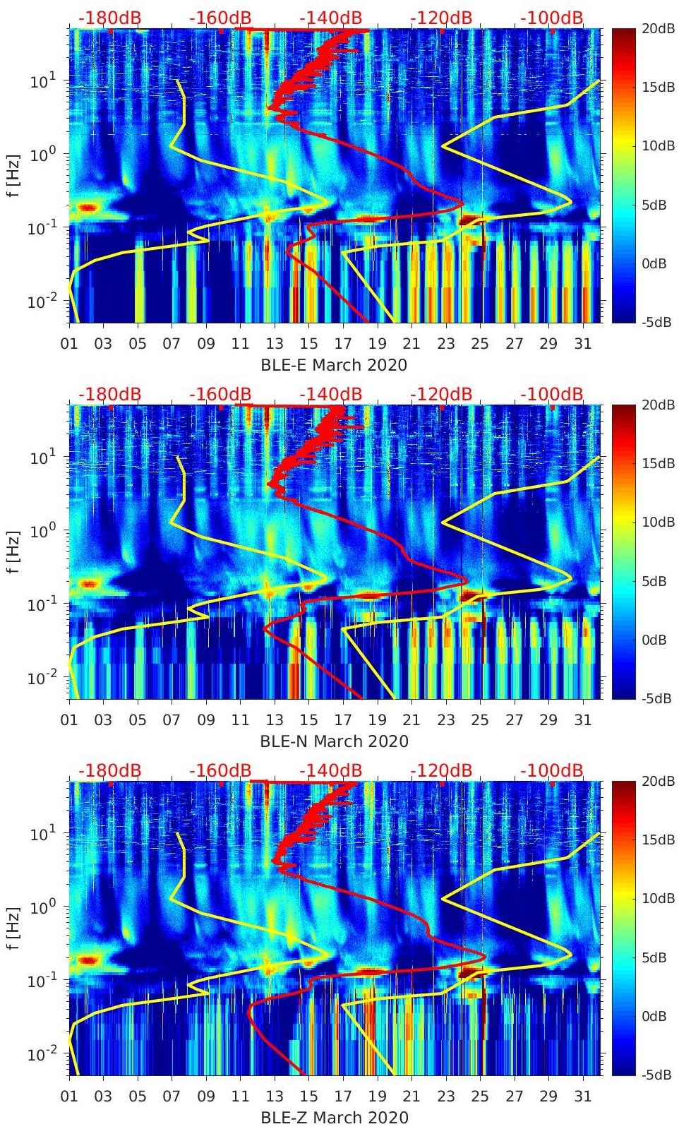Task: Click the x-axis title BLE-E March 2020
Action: coord(334,365)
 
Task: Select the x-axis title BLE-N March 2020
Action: coord(334,741)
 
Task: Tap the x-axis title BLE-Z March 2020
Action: coord(334,1118)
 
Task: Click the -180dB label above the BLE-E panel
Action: coord(109,18)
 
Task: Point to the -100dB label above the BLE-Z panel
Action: coord(552,770)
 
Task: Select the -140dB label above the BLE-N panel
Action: coord(330,394)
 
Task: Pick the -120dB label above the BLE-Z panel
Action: coord(441,770)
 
